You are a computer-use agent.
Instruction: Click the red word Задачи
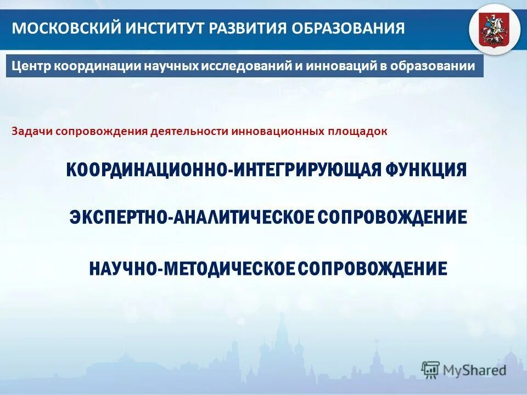pyautogui.click(x=31, y=132)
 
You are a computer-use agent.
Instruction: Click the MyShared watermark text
pyautogui.click(x=475, y=370)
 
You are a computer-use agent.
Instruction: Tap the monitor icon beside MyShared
pyautogui.click(x=430, y=370)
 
